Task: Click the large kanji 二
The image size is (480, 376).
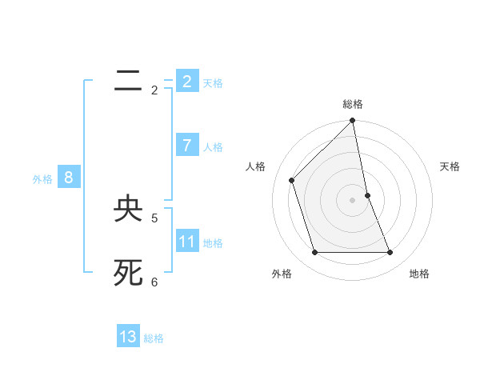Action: click(128, 82)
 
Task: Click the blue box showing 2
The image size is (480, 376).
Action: click(186, 82)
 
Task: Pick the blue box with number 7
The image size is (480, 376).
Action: click(186, 146)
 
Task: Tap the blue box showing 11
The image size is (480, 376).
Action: click(186, 242)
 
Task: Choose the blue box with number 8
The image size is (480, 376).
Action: click(69, 178)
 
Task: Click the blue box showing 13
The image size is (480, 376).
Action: click(128, 337)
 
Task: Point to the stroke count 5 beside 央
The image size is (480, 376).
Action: click(154, 218)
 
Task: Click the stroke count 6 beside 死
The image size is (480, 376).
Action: click(154, 282)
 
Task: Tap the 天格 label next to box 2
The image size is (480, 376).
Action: click(213, 83)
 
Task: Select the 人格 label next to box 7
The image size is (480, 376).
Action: click(213, 147)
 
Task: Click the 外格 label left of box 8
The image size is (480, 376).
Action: click(42, 179)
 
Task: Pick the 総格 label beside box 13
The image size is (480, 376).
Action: click(154, 338)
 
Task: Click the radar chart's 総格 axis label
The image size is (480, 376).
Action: click(353, 104)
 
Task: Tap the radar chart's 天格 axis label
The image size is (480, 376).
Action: click(450, 166)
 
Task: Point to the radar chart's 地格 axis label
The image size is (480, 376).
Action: click(419, 274)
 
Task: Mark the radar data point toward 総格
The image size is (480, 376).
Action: click(353, 121)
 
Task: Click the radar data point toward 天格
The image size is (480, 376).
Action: click(367, 195)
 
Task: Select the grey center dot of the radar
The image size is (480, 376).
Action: click(353, 200)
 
